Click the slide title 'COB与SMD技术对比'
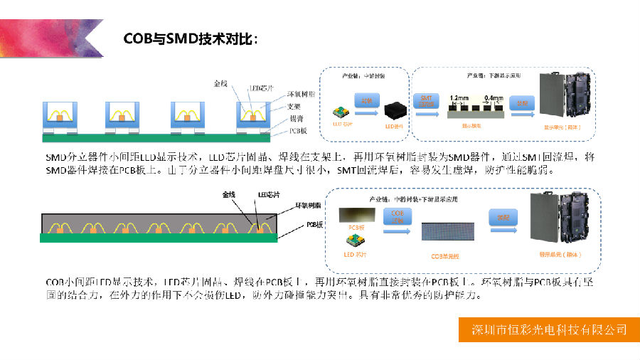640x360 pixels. point(188,38)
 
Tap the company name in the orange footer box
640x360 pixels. point(550,329)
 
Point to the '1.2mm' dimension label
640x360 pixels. point(459,97)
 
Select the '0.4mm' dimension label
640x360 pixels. point(493,97)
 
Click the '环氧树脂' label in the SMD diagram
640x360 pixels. point(301,94)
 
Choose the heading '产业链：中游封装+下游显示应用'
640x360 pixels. point(411,199)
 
